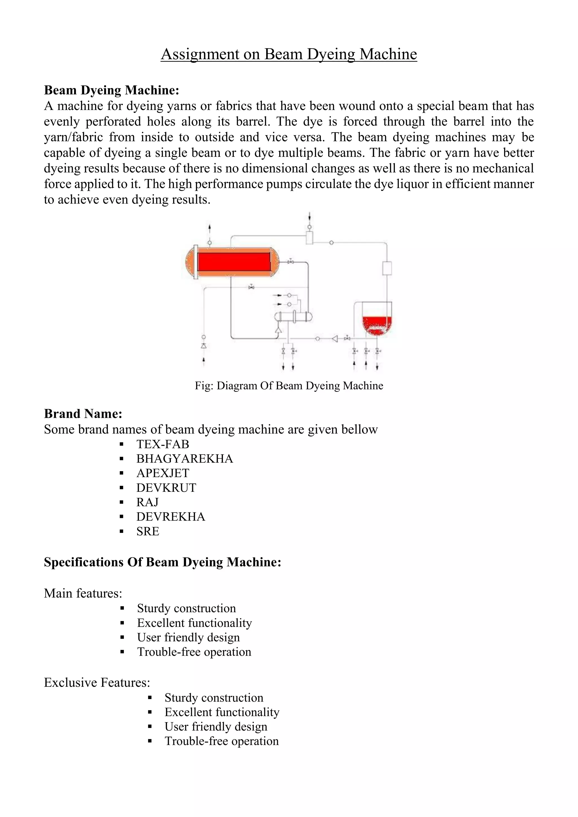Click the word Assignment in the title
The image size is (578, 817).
coord(200,54)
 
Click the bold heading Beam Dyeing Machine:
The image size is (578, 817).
coord(111,90)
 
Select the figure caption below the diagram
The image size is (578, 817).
coord(289,386)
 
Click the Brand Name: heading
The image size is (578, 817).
coord(83,414)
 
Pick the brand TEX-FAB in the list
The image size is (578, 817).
coord(163,444)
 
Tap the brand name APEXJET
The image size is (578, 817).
coord(163,473)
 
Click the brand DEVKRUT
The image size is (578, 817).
coord(166,488)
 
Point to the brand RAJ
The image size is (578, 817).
coord(147,502)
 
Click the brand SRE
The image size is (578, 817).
coord(148,531)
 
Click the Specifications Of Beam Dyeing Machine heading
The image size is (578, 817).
coord(163,562)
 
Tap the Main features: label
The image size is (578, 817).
coord(83,593)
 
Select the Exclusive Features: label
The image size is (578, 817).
coord(97,682)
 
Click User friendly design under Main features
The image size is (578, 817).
coord(188,637)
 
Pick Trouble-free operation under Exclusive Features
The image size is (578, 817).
coord(221,741)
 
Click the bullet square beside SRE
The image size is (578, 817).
coord(122,532)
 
